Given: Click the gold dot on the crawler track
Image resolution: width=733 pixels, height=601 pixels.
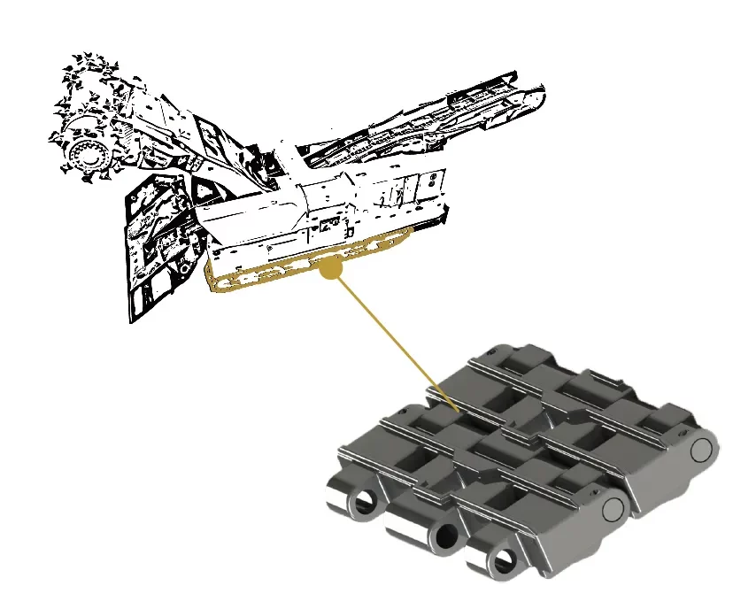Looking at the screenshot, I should click(330, 269).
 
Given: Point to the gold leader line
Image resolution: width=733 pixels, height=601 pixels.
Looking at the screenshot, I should click(394, 341).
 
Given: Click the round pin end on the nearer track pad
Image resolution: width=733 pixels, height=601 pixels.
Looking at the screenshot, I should click(613, 507).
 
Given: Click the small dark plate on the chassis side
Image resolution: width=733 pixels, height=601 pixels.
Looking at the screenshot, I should click(328, 221).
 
